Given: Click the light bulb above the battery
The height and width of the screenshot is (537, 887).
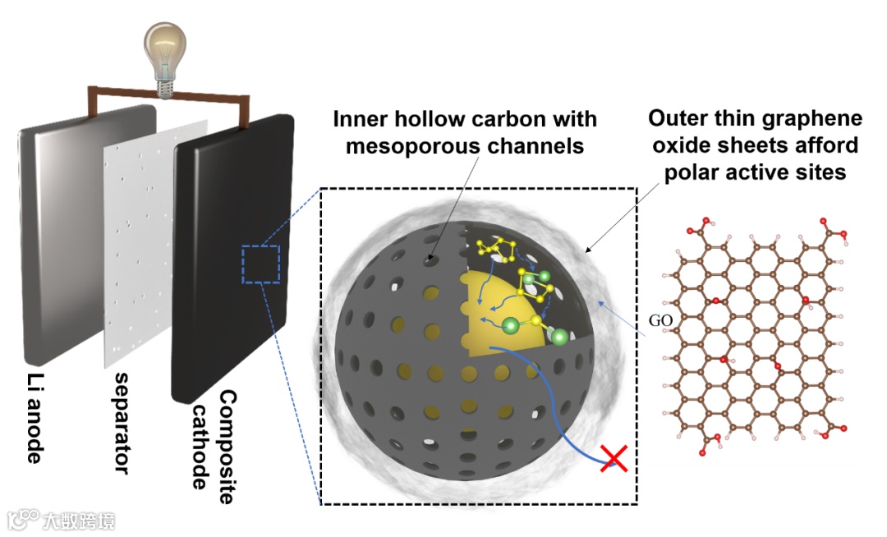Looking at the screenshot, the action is click(167, 53).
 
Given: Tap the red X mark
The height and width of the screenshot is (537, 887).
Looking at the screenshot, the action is click(614, 459).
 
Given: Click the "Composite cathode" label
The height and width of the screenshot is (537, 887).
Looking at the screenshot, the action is click(211, 438).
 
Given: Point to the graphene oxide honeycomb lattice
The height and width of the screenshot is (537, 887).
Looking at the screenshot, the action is click(756, 337).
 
